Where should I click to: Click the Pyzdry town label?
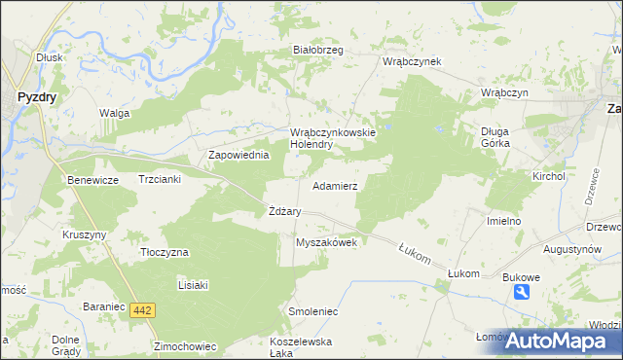click(37, 96)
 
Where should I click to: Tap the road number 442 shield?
click(142, 309)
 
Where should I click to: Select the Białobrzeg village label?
click(318, 51)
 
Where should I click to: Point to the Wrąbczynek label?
click(413, 61)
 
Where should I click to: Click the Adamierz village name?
click(335, 185)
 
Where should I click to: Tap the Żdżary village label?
click(284, 211)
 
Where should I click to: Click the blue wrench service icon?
click(523, 293)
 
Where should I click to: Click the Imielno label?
click(504, 221)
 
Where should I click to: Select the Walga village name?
click(114, 113)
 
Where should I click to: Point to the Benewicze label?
click(92, 180)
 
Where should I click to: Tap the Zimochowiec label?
click(183, 345)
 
